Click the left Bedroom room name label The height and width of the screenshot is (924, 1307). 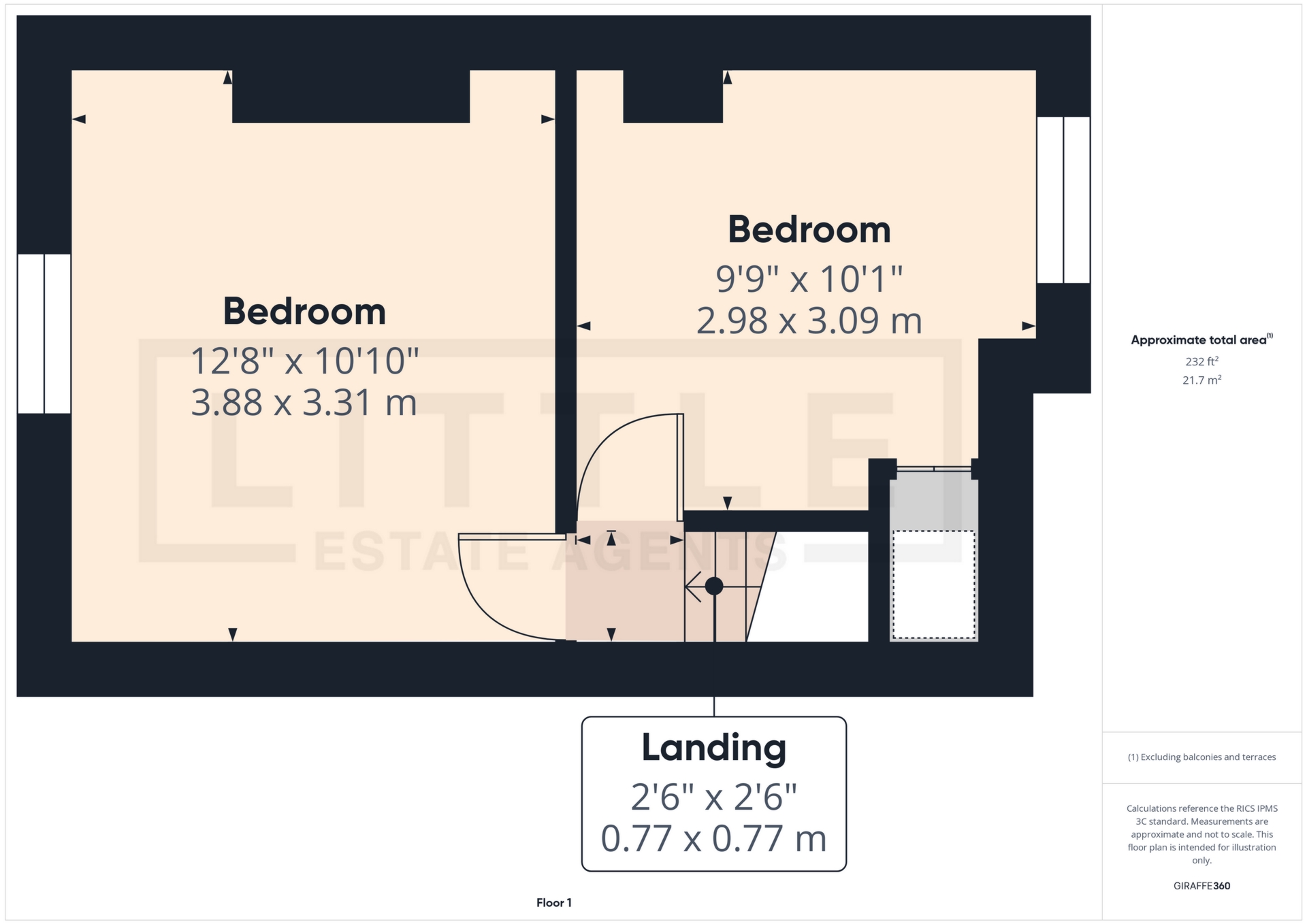pyautogui.click(x=304, y=312)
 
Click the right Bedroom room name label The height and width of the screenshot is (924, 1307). pyautogui.click(x=809, y=230)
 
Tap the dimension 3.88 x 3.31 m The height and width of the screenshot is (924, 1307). pyautogui.click(x=304, y=403)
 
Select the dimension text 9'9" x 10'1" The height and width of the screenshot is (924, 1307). pyautogui.click(x=809, y=279)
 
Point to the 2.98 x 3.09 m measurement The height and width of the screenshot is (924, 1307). pyautogui.click(x=809, y=320)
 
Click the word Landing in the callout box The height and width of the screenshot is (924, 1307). pyautogui.click(x=713, y=748)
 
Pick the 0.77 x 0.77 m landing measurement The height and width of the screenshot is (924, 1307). pyautogui.click(x=713, y=838)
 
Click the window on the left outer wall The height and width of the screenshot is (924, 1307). pyautogui.click(x=44, y=333)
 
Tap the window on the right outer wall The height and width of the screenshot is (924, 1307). pyautogui.click(x=1063, y=199)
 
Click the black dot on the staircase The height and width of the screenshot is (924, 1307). pyautogui.click(x=714, y=586)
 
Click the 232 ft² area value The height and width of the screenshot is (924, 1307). pyautogui.click(x=1201, y=361)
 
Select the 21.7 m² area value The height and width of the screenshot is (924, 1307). pyautogui.click(x=1201, y=380)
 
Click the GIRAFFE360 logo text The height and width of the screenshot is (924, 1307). pyautogui.click(x=1201, y=886)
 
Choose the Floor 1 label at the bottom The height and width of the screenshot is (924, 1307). pyautogui.click(x=553, y=903)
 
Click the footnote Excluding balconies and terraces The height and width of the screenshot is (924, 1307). pyautogui.click(x=1201, y=757)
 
